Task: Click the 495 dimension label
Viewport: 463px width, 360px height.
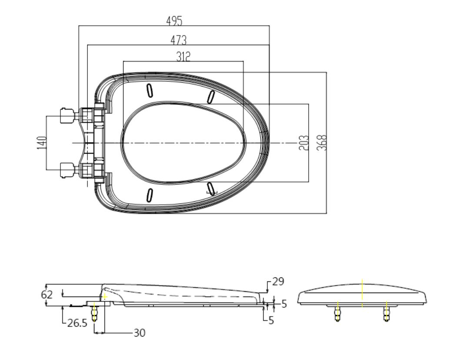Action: (174, 21)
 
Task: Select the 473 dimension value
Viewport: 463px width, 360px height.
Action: (179, 40)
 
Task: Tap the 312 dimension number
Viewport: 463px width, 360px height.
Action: (183, 57)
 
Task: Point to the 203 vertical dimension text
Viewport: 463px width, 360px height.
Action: (303, 143)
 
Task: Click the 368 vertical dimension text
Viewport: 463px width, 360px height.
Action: (322, 143)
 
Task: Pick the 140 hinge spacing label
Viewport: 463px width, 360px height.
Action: (42, 143)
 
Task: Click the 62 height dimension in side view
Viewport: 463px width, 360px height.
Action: (47, 294)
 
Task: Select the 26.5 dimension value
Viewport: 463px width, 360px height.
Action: (77, 323)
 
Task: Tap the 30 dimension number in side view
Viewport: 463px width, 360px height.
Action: (140, 333)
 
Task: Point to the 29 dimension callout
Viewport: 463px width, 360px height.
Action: (278, 281)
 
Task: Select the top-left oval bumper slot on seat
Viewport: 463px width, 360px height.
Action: (150, 90)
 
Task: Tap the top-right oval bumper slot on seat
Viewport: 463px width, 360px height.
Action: (210, 97)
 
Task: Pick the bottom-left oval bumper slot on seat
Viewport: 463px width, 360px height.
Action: (150, 195)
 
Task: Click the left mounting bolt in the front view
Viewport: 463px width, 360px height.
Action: (337, 313)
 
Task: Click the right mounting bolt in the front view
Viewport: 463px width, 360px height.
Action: (386, 313)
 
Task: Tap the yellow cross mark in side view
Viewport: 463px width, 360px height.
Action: (104, 296)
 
